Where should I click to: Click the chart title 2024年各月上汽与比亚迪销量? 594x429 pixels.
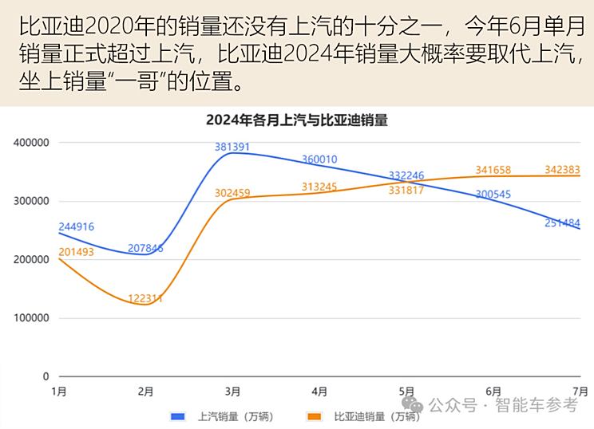tap(296, 120)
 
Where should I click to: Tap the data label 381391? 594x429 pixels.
tap(232, 147)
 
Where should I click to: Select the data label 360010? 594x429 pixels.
tap(319, 159)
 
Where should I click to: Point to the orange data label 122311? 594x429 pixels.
tap(145, 298)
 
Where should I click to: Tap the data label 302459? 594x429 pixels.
tap(232, 193)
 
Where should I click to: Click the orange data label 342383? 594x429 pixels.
tap(562, 170)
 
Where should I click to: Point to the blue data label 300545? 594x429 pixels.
tap(493, 194)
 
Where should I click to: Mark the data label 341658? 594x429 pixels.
tap(493, 170)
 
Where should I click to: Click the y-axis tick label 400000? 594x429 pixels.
tap(31, 143)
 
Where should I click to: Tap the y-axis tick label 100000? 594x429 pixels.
tap(31, 318)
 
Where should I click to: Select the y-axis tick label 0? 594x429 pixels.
tap(46, 376)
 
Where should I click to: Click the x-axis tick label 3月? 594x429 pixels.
tap(232, 392)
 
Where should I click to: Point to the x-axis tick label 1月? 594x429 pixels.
tap(58, 392)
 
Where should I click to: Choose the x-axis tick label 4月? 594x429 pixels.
tap(319, 392)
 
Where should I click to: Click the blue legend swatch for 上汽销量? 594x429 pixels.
tap(179, 416)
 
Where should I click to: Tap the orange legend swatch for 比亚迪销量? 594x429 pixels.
tap(315, 416)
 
